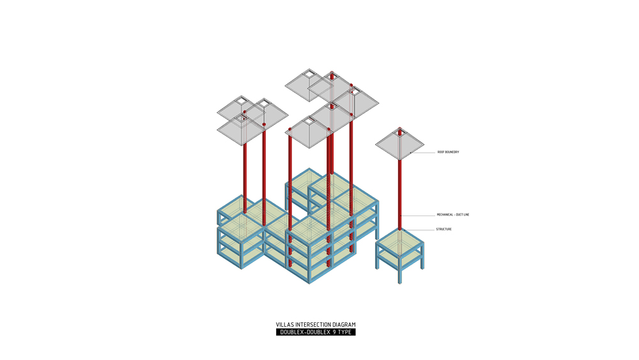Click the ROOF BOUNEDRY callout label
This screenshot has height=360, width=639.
[448, 152]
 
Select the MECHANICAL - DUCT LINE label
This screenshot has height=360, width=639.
[452, 215]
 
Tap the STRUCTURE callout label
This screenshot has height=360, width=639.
[443, 230]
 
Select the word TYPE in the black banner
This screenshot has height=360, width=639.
[344, 333]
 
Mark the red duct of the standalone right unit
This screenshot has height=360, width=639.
[400, 192]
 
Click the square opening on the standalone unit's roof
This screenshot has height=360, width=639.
[400, 134]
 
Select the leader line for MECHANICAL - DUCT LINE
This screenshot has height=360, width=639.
[419, 215]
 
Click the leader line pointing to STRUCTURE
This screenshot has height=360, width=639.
[419, 230]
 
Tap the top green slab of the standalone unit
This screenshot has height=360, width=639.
[399, 241]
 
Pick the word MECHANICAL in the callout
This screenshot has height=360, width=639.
[445, 215]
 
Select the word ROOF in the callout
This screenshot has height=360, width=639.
[440, 152]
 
